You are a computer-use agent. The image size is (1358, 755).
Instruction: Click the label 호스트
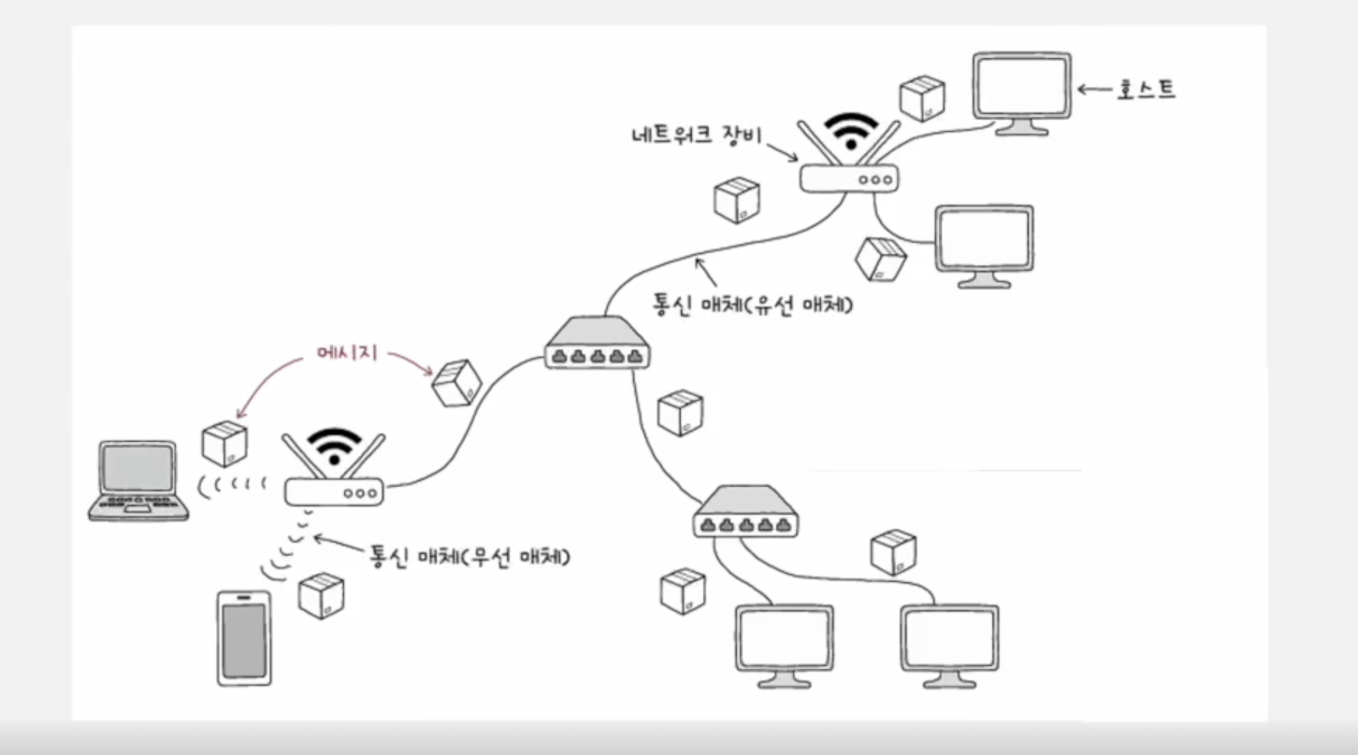[1146, 90]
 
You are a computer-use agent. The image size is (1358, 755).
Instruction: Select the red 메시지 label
[346, 356]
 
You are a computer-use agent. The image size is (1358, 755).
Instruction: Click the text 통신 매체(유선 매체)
[757, 305]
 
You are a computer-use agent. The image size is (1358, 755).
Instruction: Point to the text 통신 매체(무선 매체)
[470, 558]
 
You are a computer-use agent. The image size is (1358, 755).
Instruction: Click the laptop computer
[138, 480]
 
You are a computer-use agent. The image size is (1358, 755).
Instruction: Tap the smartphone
[244, 637]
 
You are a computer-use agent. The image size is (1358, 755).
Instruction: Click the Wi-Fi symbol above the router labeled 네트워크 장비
[850, 131]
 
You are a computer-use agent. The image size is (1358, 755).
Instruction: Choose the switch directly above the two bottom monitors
[746, 512]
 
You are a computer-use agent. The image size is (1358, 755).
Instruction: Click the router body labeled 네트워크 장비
[849, 178]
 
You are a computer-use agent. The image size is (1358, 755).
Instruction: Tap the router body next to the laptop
[334, 491]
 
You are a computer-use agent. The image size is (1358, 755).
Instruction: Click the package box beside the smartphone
[321, 595]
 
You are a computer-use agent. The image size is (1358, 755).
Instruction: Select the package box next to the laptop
[224, 443]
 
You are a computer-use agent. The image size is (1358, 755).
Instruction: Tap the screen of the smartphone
[244, 638]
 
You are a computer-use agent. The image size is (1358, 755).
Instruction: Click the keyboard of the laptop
[138, 502]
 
